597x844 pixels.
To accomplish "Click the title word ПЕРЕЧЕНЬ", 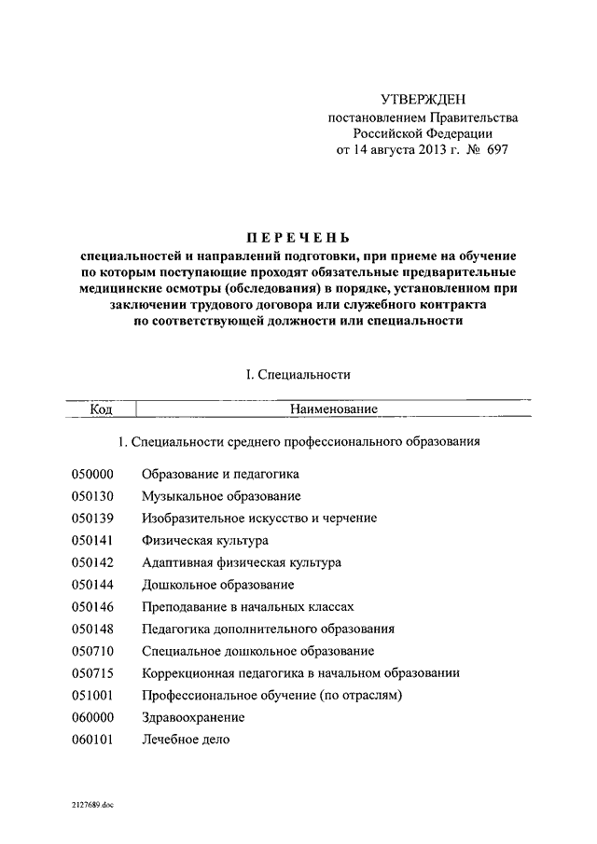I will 298,238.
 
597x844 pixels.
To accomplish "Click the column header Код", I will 102,408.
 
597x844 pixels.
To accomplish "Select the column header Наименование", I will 333,408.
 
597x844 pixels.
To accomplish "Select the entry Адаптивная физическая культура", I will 241,562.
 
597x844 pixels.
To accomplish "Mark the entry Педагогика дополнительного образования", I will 268,629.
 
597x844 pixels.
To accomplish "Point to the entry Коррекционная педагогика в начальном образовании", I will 300,672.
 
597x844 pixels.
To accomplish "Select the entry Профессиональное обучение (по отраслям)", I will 271,695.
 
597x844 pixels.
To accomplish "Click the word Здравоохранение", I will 193,717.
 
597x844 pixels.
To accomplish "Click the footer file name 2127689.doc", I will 91,803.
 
